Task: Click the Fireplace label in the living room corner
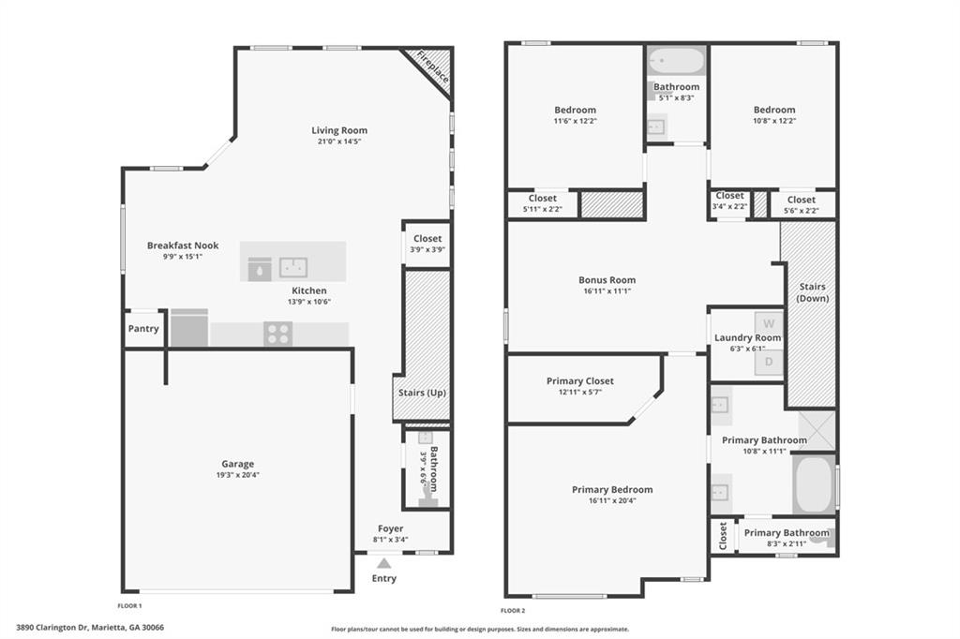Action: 433,67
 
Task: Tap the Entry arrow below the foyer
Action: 383,563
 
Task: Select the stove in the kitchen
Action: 277,334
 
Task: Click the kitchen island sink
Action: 293,266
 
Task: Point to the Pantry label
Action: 143,329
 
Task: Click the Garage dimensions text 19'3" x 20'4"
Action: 237,475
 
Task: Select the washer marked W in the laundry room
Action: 769,323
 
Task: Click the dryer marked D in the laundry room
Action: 769,361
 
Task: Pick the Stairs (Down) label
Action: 811,292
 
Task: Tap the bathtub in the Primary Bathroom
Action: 813,483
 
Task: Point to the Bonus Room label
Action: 607,280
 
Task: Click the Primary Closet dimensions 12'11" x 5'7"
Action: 579,393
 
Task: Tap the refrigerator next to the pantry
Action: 189,328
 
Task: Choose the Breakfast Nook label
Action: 182,245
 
